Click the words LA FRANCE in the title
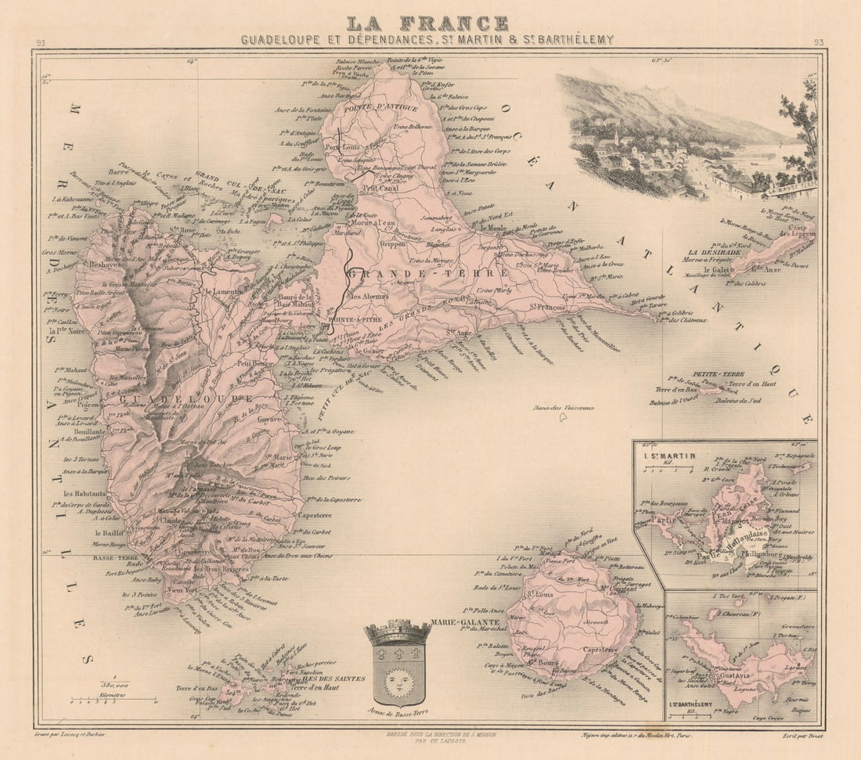(427, 23)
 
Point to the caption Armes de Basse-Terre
(398, 713)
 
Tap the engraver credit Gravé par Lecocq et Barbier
(70, 734)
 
